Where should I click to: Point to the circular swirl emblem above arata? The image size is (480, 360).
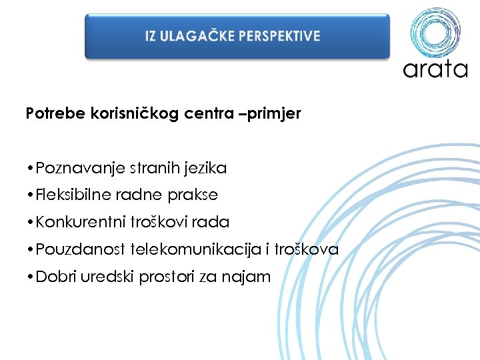pos(435,32)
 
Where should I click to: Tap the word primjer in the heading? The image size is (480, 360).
pos(277,114)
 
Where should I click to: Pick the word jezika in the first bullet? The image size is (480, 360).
pos(207,168)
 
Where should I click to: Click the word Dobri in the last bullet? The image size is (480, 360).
pos(56,277)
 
